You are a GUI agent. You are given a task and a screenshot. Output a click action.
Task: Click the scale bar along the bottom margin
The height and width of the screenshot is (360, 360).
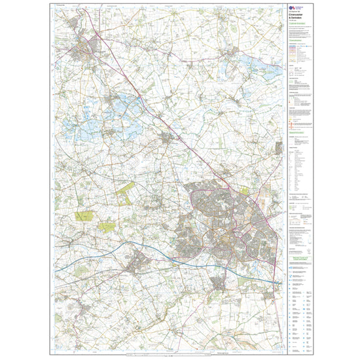coord(167,355)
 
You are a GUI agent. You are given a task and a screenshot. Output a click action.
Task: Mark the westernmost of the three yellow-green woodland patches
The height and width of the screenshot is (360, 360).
coord(84,215)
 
